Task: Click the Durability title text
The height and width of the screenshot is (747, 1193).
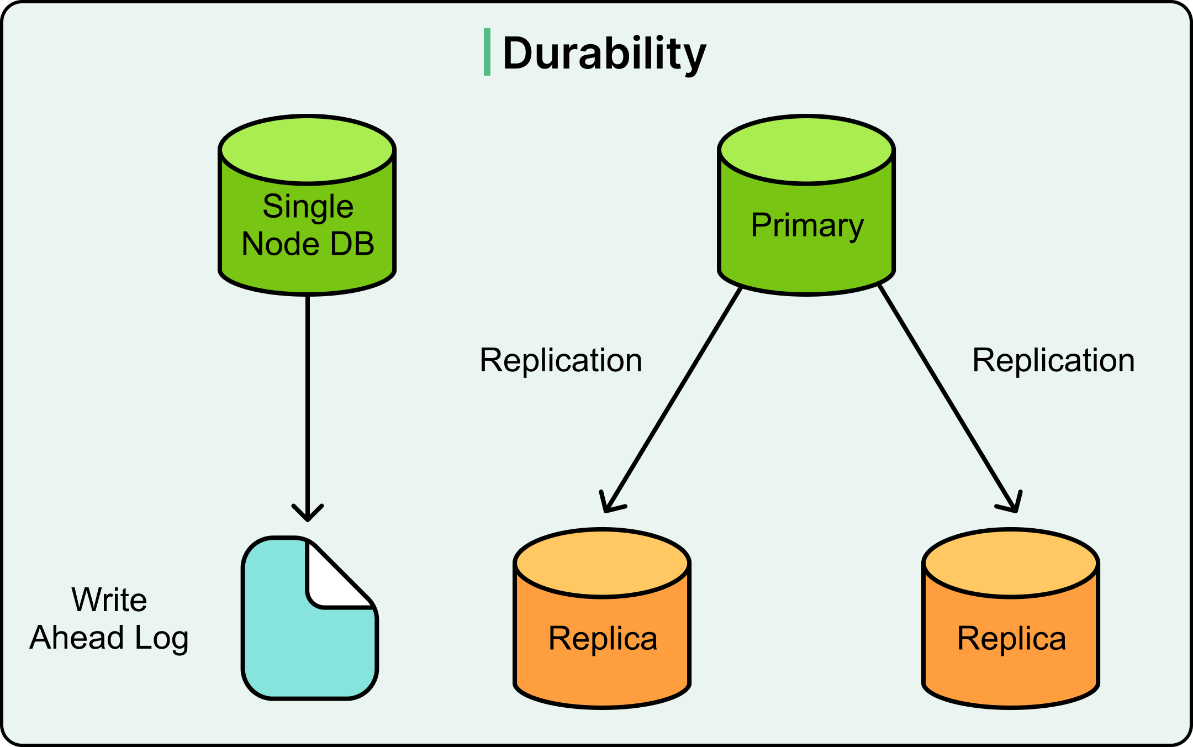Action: coord(604,53)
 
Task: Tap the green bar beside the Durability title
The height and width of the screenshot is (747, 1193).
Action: coord(487,52)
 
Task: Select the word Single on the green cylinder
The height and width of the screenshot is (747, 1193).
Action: coord(308,207)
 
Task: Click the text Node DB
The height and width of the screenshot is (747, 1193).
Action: coord(308,244)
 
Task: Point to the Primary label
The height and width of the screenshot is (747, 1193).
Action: coord(807,225)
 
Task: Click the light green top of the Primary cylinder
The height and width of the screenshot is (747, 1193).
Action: coord(806,149)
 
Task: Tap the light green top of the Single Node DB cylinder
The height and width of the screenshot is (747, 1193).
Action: coord(307,149)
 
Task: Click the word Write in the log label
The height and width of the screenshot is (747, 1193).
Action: coord(109,599)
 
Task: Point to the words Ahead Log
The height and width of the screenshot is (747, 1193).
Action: coord(109,638)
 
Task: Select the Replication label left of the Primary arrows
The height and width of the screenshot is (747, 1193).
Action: coord(561,360)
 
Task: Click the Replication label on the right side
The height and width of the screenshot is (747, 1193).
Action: coord(1053,360)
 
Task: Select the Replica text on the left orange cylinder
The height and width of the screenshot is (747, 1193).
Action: coord(603,639)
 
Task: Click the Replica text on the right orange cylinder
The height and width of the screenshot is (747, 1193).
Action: coord(1011,639)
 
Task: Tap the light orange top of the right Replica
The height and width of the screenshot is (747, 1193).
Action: coord(1011,564)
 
